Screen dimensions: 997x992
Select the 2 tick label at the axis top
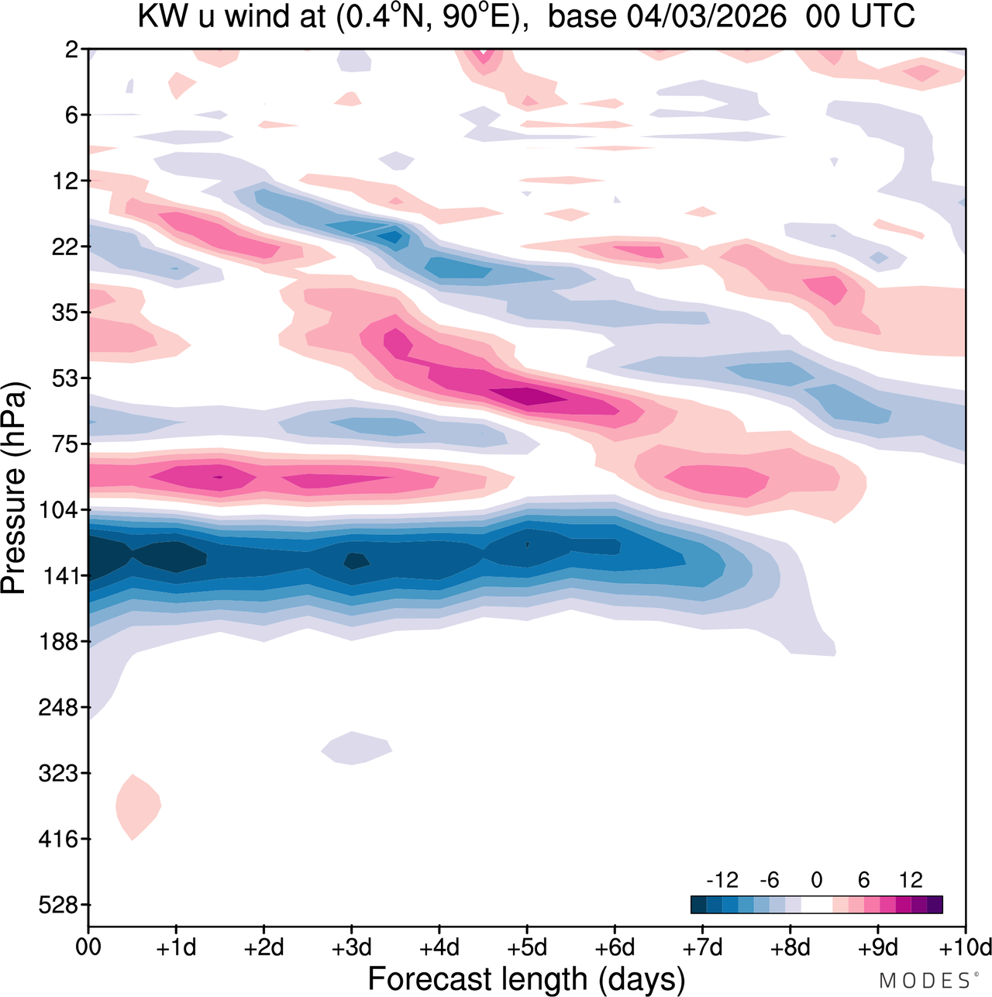[71, 50]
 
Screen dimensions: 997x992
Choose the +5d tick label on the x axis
[527, 948]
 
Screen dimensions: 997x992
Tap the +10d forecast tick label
[965, 948]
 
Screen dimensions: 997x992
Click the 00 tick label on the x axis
[88, 948]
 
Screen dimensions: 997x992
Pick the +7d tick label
[703, 948]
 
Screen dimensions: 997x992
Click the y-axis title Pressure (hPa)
[14, 488]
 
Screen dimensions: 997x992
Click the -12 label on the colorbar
[722, 880]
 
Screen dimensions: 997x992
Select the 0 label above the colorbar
[816, 880]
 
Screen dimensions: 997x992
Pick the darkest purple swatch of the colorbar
[935, 905]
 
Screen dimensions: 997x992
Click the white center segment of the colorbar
[816, 905]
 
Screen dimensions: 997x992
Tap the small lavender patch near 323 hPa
[356, 747]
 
